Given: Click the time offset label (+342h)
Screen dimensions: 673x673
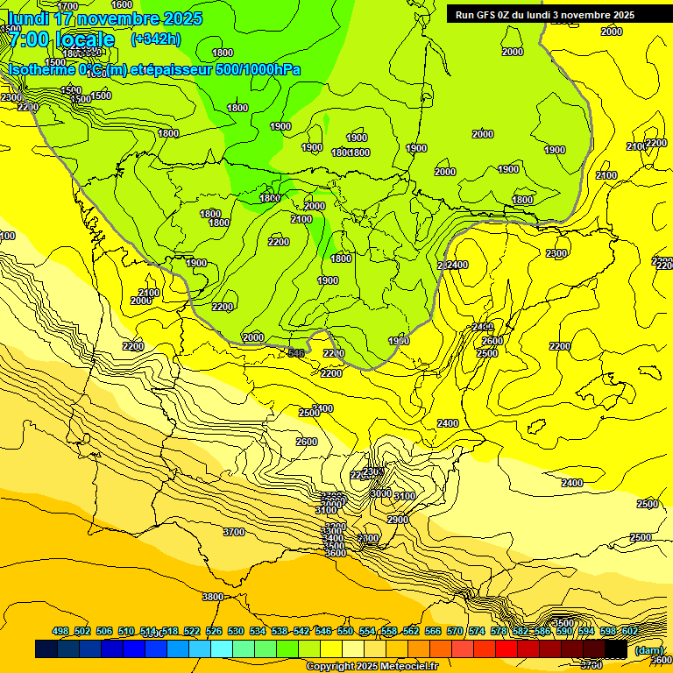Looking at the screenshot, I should [x=156, y=39].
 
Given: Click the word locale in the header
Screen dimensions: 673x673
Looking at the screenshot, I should [x=85, y=39].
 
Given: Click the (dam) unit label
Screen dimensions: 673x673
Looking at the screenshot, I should [x=648, y=650].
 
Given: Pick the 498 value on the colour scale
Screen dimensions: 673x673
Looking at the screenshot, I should [x=60, y=631].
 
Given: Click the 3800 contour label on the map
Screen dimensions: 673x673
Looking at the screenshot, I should [x=213, y=597].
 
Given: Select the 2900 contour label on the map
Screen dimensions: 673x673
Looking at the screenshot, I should [x=398, y=520].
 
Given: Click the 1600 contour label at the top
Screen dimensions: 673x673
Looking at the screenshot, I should [x=123, y=4].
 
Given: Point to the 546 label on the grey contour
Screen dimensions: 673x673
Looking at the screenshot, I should [x=297, y=353].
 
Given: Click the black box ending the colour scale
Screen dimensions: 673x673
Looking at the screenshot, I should [x=616, y=648].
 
